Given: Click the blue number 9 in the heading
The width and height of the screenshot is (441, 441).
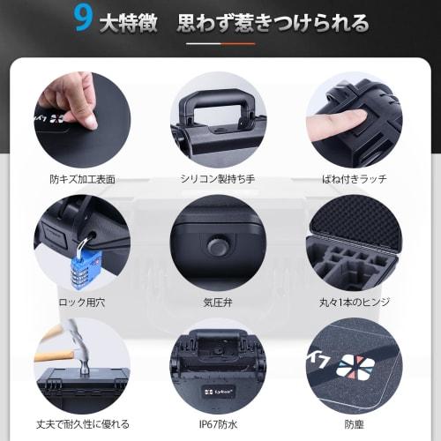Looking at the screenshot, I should pos(84,20).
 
